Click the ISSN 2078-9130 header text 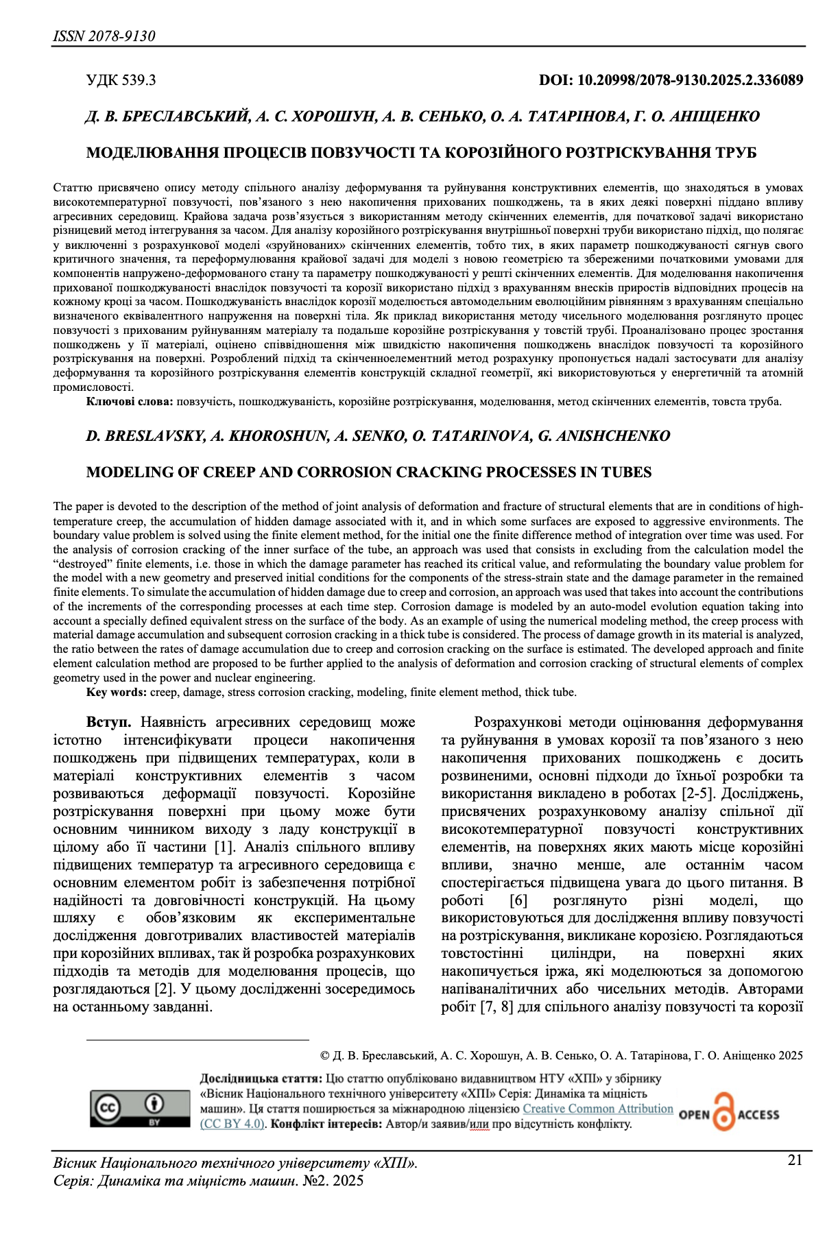104,36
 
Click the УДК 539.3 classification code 121,80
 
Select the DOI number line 671,80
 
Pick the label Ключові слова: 130,402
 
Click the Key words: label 116,692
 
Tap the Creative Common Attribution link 598,1109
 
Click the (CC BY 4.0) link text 232,1124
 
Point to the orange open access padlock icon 723,1112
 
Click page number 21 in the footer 795,1160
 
